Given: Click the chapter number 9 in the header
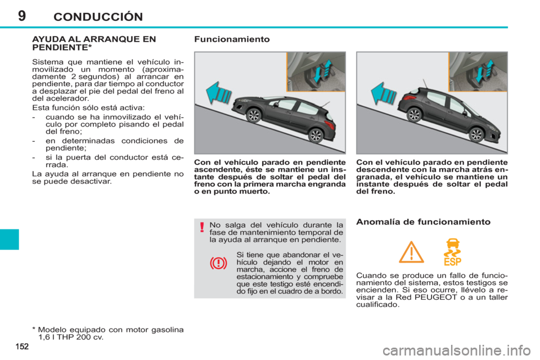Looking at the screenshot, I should click(x=21, y=16).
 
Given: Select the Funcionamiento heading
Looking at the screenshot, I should click(x=232, y=39).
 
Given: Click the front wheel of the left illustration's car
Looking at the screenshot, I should click(x=254, y=115).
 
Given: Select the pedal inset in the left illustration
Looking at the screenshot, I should click(x=316, y=72).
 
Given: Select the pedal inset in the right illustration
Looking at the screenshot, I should click(x=478, y=72).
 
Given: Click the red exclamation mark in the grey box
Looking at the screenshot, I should click(x=201, y=227).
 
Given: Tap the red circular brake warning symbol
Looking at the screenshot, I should click(x=218, y=263).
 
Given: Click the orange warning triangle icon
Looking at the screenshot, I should click(x=411, y=252).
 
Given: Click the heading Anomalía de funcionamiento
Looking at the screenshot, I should click(x=423, y=222).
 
